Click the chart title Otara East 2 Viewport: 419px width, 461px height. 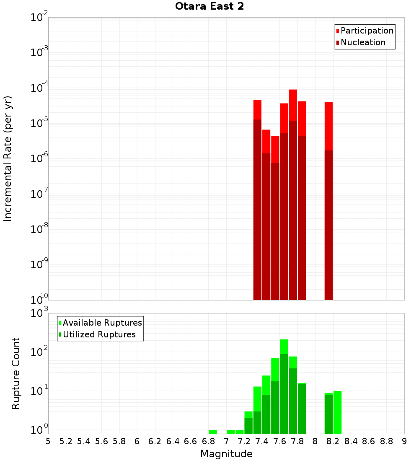pos(209,6)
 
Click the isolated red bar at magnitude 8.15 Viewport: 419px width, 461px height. pos(328,201)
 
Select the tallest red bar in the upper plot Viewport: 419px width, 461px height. pos(293,193)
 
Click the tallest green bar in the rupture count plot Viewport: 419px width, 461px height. pos(284,386)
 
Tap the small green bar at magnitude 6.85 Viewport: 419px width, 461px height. pos(213,432)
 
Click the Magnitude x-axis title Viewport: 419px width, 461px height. pos(226,454)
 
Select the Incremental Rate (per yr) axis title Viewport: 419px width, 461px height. pos(8,159)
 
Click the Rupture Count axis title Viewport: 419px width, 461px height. pos(16,373)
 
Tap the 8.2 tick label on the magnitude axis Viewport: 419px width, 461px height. pos(333,441)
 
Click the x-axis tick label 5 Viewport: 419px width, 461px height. pos(48,441)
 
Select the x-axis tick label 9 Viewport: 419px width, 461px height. pos(404,441)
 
